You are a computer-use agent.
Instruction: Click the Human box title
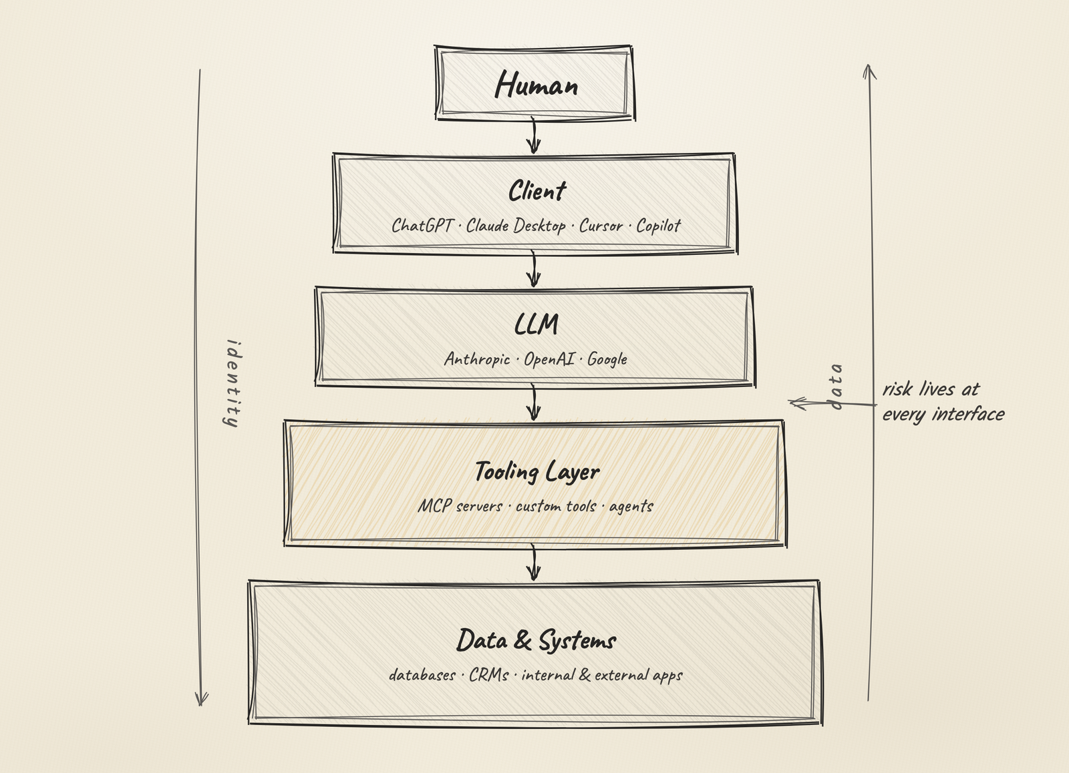537,85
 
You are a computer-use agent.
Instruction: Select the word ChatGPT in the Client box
422,226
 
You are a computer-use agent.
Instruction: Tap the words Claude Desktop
516,226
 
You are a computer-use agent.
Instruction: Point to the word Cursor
601,226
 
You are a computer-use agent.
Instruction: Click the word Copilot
659,226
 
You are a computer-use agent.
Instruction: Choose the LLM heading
536,324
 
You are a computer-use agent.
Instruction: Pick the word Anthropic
477,359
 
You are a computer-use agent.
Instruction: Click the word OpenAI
549,359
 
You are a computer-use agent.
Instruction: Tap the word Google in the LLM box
607,360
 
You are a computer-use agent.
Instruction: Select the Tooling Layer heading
537,472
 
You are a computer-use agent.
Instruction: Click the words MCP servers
460,506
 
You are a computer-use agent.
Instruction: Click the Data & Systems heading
537,640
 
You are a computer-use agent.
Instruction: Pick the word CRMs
488,675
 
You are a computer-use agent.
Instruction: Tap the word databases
422,675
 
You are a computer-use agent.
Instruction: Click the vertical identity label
233,383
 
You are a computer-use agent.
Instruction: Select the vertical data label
836,386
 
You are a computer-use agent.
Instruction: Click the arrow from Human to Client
534,136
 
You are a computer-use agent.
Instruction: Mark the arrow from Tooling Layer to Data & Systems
534,562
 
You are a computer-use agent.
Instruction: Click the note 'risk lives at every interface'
943,402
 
